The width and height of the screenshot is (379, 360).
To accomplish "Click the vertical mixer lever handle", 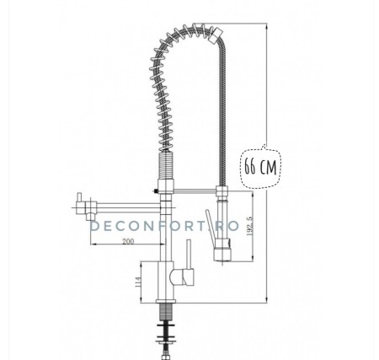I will (x=189, y=252).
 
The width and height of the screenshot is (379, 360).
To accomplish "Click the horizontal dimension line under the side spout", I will (x=126, y=247).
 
